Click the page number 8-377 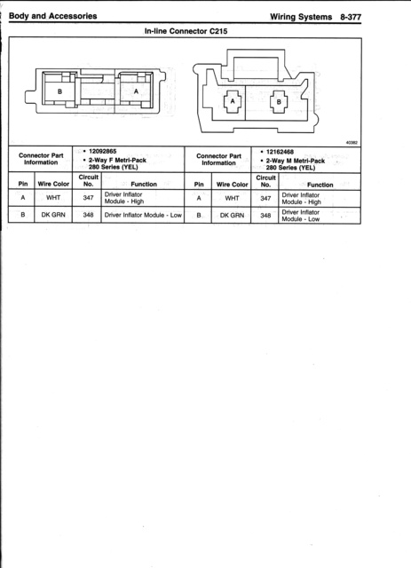tap(351, 17)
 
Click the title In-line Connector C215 tap(186, 31)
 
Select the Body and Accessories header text tap(53, 16)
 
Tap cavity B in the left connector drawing tap(59, 91)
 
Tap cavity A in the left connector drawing tap(136, 91)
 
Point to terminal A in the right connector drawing tap(233, 102)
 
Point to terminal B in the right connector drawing tap(279, 102)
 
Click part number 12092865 tap(103, 151)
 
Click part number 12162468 tap(280, 152)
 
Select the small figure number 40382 tap(352, 143)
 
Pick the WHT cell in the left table tap(53, 198)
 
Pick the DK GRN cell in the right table tap(232, 215)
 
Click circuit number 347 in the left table tap(88, 198)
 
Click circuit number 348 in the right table tap(265, 215)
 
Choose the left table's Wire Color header tap(53, 184)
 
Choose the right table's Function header tap(320, 185)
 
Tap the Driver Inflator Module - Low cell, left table tap(143, 215)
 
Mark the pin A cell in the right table tap(199, 198)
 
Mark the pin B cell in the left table tap(23, 215)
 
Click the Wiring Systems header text tap(301, 17)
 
